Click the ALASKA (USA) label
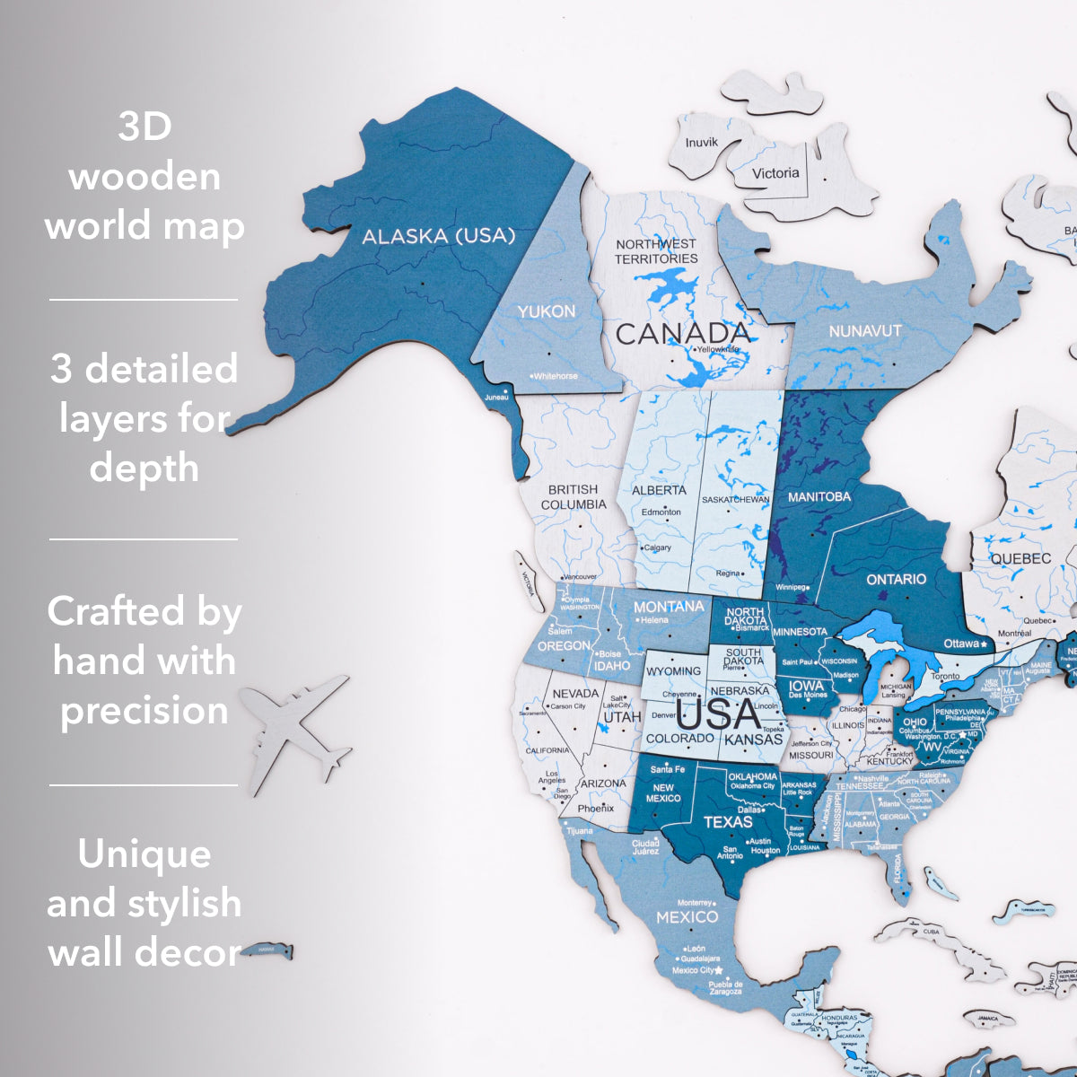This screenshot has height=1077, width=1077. click(x=438, y=236)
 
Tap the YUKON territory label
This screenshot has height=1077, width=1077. click(x=546, y=311)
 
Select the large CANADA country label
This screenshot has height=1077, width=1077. click(x=683, y=335)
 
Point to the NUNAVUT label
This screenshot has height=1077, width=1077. click(x=864, y=331)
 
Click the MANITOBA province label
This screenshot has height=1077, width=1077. click(x=819, y=496)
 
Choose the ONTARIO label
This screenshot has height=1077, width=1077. click(x=896, y=580)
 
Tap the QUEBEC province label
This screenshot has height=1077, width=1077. click(x=1020, y=558)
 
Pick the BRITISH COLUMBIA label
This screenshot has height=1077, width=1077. click(x=573, y=496)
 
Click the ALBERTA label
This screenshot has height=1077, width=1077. click(x=659, y=491)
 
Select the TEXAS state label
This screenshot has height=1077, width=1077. click(x=728, y=821)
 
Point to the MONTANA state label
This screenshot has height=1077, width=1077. click(x=669, y=607)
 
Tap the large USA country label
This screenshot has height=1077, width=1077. click(x=719, y=716)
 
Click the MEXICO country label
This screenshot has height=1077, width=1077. click(x=687, y=917)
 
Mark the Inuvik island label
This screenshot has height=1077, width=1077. click(x=701, y=143)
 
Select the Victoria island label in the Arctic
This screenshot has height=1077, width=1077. click(x=775, y=173)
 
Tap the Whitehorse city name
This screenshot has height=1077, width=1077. click(x=556, y=376)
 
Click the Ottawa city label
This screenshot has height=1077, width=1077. click(x=962, y=644)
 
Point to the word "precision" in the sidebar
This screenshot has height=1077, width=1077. click(x=144, y=711)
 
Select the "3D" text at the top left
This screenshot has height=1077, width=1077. click(x=144, y=127)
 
